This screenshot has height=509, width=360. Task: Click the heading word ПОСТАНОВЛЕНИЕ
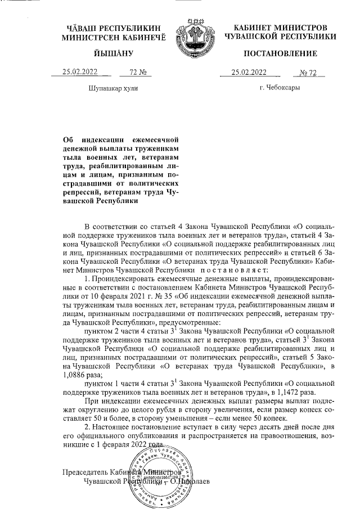pos(280,53)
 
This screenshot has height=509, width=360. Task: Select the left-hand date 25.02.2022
pos(80,71)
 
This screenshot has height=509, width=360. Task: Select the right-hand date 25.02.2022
pos(249,71)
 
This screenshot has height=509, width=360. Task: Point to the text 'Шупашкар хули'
pos(113,88)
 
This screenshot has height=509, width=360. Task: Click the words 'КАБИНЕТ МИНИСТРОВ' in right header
pos(280,28)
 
